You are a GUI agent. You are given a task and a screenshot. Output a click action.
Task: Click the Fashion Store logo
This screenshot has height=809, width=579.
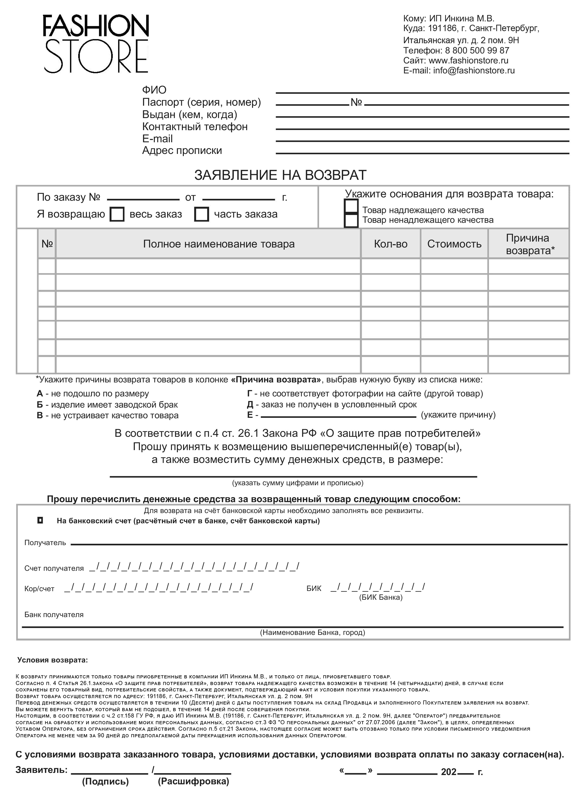96,43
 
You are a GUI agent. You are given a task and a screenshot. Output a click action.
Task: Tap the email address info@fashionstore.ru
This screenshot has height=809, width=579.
474,71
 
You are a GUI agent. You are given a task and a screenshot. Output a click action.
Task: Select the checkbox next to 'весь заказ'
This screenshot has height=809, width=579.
117,214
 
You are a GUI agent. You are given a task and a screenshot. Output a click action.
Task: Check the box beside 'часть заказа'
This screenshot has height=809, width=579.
201,214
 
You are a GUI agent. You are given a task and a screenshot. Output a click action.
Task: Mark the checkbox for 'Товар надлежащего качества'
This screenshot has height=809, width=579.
351,206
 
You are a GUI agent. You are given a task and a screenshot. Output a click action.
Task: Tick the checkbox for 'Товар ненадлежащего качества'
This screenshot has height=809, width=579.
351,220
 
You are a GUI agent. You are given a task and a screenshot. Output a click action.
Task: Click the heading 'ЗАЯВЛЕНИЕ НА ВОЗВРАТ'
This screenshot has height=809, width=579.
280,175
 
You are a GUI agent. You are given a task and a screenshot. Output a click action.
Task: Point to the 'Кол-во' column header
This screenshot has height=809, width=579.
390,244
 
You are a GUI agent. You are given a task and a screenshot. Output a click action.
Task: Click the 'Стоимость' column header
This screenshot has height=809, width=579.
454,244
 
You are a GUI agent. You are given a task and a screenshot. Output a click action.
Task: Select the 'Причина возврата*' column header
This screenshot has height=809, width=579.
528,244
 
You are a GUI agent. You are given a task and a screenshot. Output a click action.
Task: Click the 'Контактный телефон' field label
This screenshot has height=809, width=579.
195,127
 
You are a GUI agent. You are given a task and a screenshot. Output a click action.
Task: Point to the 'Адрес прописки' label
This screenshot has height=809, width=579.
182,150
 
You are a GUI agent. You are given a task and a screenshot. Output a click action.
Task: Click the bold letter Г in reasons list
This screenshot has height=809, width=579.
250,394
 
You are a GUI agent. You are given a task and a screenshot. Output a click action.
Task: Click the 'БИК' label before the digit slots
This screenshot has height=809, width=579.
314,589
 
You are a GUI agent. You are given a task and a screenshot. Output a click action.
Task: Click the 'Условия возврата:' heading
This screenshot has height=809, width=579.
52,660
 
